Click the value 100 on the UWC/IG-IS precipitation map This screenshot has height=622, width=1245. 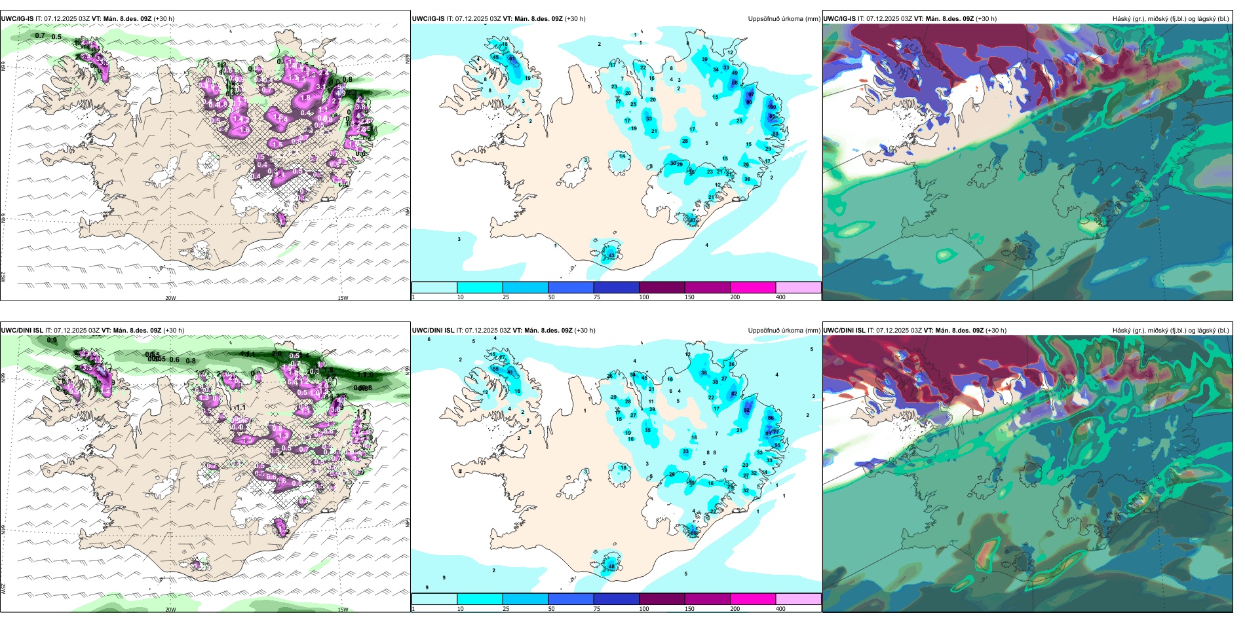click(771, 107)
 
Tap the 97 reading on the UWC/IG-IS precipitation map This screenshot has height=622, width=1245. click(751, 94)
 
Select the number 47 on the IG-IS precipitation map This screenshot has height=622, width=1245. click(693, 221)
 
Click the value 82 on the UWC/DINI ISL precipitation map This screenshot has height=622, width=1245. click(747, 411)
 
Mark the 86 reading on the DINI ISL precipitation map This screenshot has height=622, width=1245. click(771, 418)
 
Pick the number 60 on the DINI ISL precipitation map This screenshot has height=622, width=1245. click(693, 533)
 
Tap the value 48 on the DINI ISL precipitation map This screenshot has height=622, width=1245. click(611, 566)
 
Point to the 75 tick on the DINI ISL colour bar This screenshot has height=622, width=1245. click(597, 609)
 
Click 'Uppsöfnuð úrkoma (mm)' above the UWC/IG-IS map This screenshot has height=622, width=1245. click(784, 19)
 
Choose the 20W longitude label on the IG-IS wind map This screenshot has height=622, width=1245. click(170, 298)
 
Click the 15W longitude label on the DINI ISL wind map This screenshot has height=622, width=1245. click(342, 610)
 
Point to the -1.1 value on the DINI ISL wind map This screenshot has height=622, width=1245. click(239, 407)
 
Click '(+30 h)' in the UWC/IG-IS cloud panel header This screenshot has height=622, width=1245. click(986, 19)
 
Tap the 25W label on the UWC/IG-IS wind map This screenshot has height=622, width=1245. click(3, 277)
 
